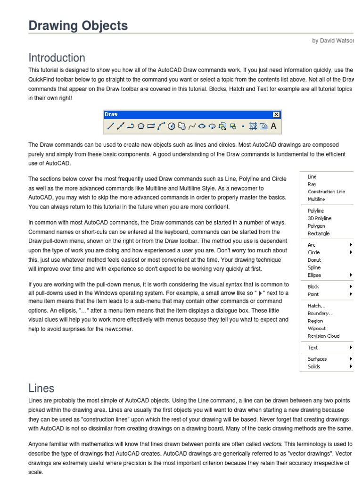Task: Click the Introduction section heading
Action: click(57, 58)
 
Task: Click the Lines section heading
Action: click(41, 388)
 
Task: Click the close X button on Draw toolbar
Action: click(276, 115)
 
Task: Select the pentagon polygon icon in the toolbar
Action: click(141, 126)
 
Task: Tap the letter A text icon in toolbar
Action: click(273, 126)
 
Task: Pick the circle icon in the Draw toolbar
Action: click(172, 126)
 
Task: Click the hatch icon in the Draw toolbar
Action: click(253, 126)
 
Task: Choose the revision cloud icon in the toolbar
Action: click(181, 126)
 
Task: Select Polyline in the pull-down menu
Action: click(316, 211)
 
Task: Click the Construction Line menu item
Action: click(326, 192)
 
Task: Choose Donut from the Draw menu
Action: click(314, 260)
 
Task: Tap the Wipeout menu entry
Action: click(317, 328)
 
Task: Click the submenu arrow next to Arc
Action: click(351, 245)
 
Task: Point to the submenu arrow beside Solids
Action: click(351, 366)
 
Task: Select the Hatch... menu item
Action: click(316, 306)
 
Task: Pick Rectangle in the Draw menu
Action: click(319, 233)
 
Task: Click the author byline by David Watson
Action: click(332, 41)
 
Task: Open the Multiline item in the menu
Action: click(316, 200)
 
